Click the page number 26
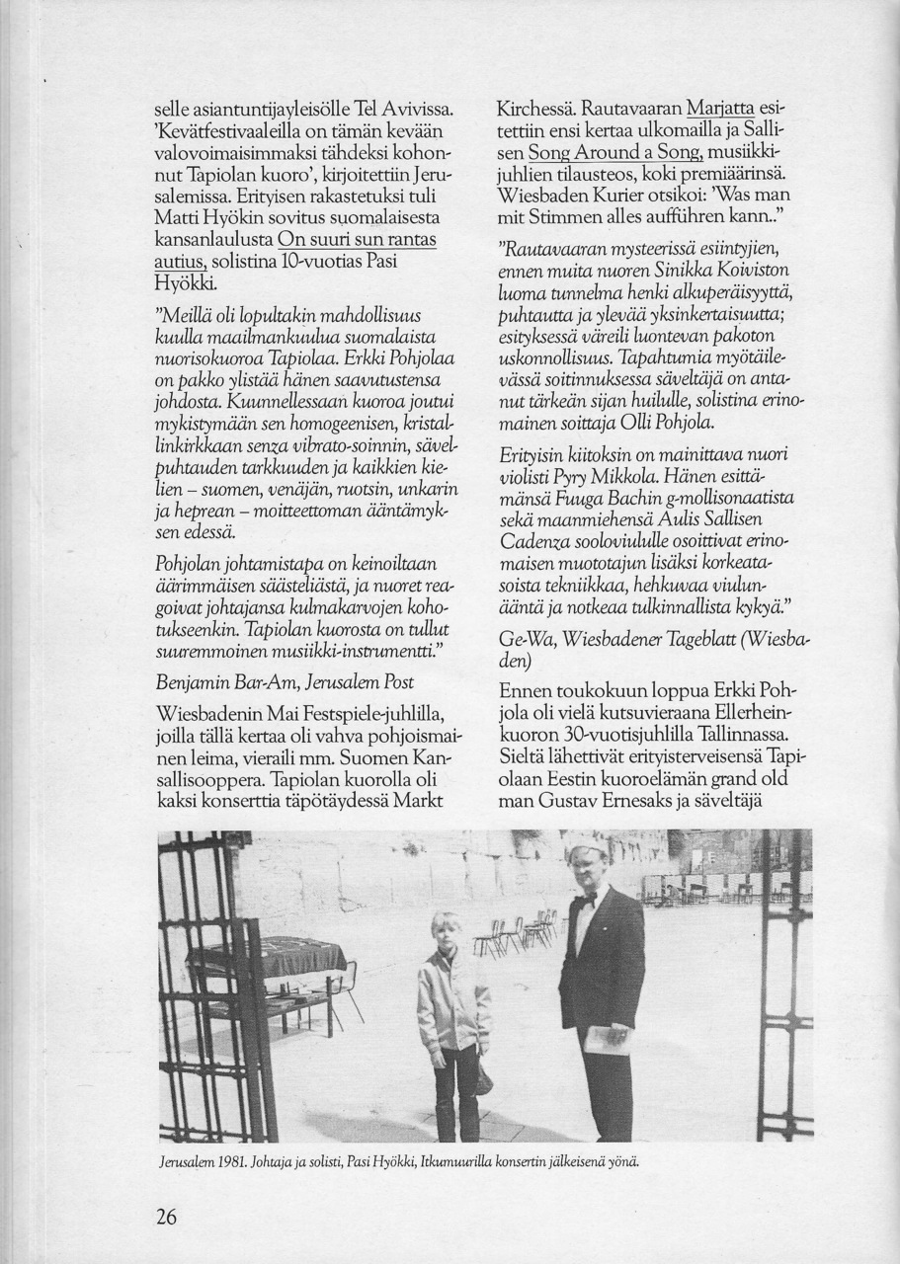click(166, 1217)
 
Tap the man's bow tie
click(589, 900)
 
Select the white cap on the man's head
click(585, 846)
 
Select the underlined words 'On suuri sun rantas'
click(358, 240)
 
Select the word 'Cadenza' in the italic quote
click(537, 541)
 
